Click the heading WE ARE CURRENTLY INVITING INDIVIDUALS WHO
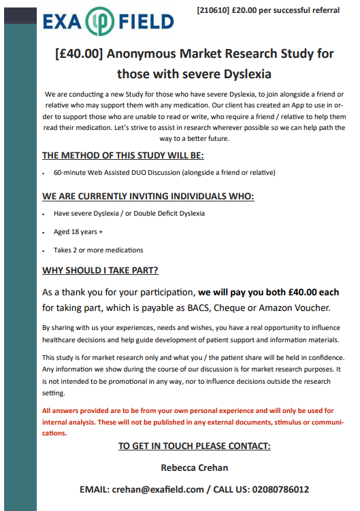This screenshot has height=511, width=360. pos(148,197)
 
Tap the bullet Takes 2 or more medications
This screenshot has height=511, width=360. pos(98,250)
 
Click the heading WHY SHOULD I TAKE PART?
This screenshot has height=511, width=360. pos(100,270)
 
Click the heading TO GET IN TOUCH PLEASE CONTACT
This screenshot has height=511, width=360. pos(194,446)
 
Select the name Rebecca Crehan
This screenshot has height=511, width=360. pos(194,467)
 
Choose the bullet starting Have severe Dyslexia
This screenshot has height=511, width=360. pos(129,213)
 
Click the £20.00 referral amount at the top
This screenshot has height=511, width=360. pos(248,10)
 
